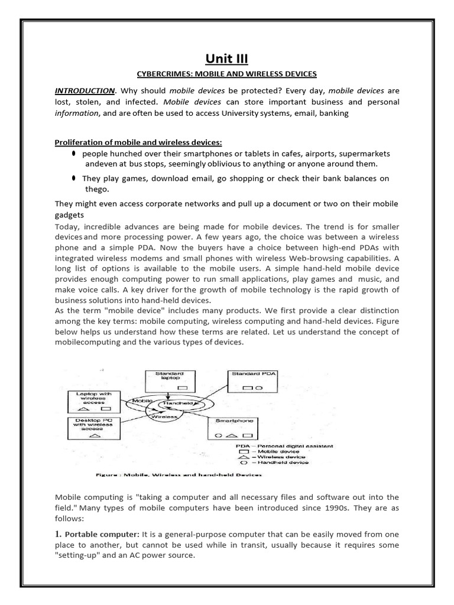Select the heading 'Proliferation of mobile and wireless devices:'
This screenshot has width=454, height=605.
(138, 142)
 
